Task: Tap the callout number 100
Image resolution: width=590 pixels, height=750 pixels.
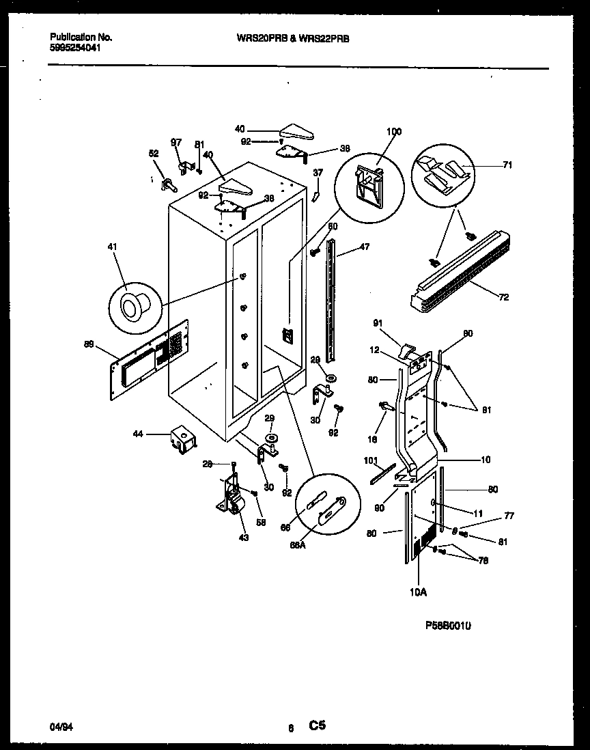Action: (x=394, y=132)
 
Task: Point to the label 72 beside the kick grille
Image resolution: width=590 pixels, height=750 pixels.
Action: (x=503, y=297)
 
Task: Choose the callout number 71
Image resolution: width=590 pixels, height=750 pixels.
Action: (x=507, y=165)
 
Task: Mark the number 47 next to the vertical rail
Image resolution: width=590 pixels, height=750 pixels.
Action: (x=365, y=247)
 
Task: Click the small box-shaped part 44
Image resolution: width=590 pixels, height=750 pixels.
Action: (x=182, y=439)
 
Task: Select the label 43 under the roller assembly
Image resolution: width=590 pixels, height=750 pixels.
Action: (x=244, y=537)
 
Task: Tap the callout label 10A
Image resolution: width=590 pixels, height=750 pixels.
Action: (x=419, y=592)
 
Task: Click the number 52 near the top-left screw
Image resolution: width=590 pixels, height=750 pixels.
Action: (x=154, y=154)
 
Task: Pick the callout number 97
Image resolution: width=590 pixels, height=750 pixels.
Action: (x=176, y=142)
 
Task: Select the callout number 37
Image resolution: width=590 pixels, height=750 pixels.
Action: (x=318, y=172)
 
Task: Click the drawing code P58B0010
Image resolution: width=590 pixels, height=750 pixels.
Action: (x=448, y=624)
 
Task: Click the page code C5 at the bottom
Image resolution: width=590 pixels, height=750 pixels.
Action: (x=318, y=726)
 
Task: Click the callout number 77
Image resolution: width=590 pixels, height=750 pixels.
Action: (x=509, y=516)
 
